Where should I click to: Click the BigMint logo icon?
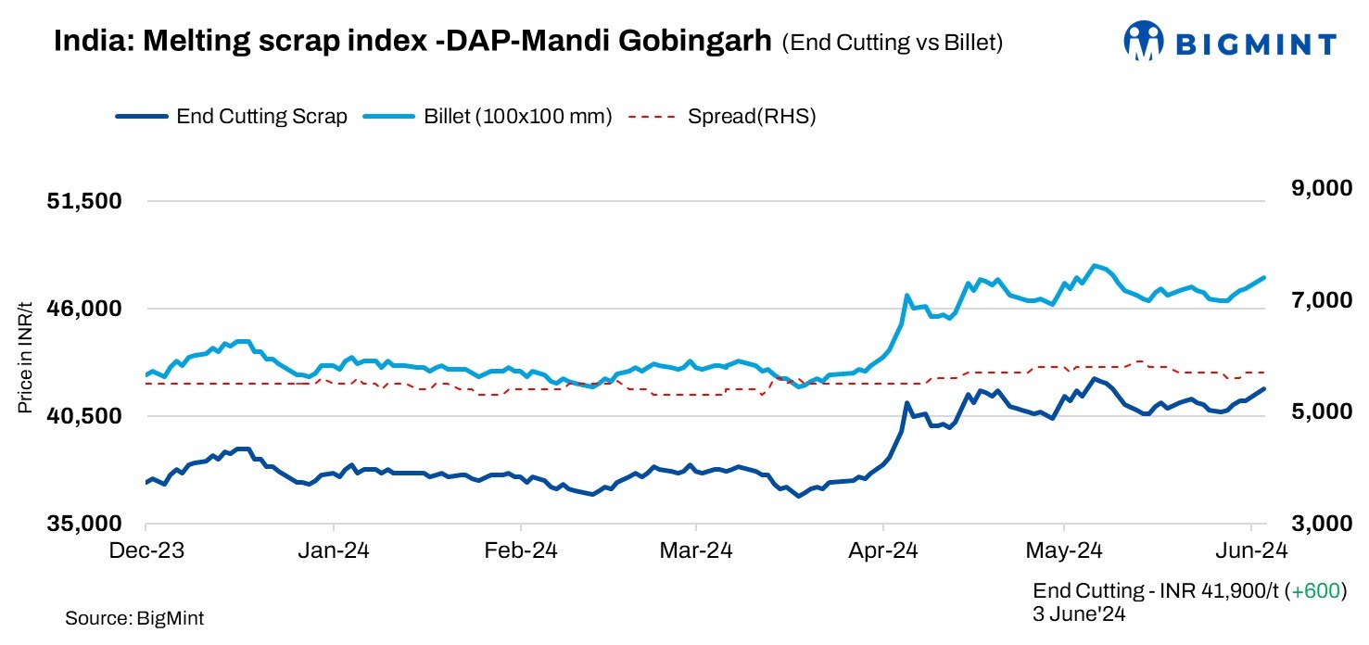click(x=1144, y=41)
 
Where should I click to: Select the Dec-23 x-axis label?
click(x=146, y=550)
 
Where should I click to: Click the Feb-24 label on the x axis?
click(x=520, y=550)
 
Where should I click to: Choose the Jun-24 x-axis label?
click(x=1250, y=550)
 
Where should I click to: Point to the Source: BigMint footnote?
click(x=134, y=618)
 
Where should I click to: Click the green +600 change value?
click(x=1316, y=591)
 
